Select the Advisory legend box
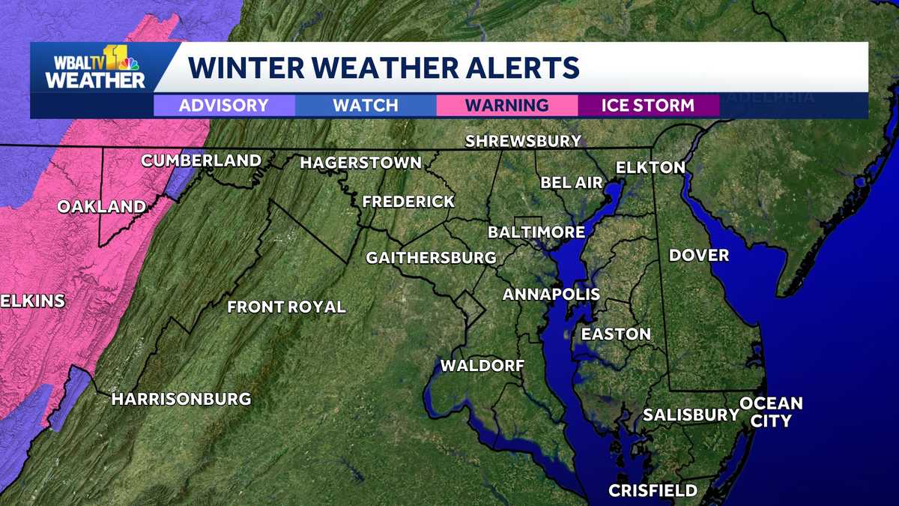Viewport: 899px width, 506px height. coord(224,105)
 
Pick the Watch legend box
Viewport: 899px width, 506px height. coord(366,105)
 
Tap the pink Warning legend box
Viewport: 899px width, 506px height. coord(506,105)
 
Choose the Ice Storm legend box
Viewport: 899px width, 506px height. coord(648,105)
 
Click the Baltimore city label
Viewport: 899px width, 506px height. coord(536,232)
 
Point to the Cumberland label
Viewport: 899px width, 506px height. coord(201,160)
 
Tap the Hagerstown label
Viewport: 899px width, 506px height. coord(360,163)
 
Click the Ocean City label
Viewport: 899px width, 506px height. coord(771,412)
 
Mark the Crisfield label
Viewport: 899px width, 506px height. coord(653,491)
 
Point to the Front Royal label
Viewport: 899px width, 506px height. coord(286,307)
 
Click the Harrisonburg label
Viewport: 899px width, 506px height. coord(181,399)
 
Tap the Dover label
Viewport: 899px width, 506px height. coord(698,256)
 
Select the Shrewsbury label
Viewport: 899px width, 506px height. coord(523,141)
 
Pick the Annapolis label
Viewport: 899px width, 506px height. coord(551,294)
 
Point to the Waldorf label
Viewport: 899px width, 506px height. coord(482,366)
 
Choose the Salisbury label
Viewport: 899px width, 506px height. coord(691,415)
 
